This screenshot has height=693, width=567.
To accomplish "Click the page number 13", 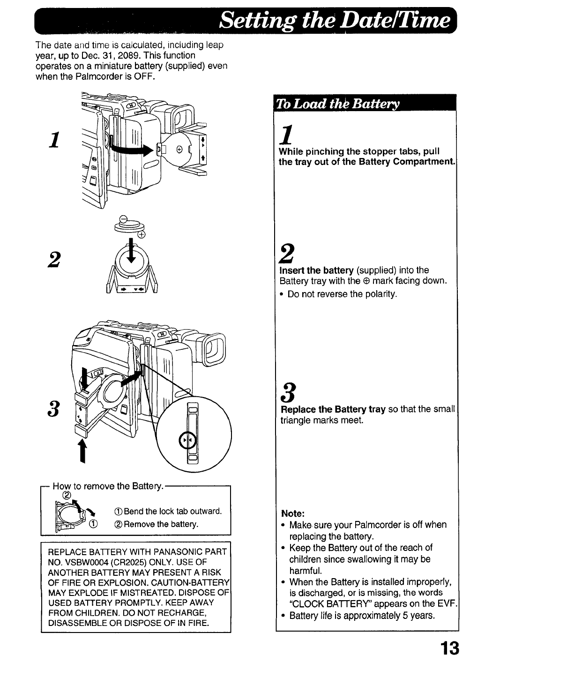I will (x=449, y=649).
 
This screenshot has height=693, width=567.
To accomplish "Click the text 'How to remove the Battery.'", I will (x=108, y=486).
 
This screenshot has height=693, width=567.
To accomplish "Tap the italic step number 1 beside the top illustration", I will (x=55, y=139).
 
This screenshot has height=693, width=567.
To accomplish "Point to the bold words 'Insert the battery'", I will (x=316, y=271).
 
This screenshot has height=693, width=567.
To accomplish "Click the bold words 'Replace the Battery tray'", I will (x=333, y=409).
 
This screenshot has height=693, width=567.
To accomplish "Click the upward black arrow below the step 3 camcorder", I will (x=83, y=451).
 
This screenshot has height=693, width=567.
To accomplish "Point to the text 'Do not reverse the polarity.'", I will (x=342, y=294).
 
